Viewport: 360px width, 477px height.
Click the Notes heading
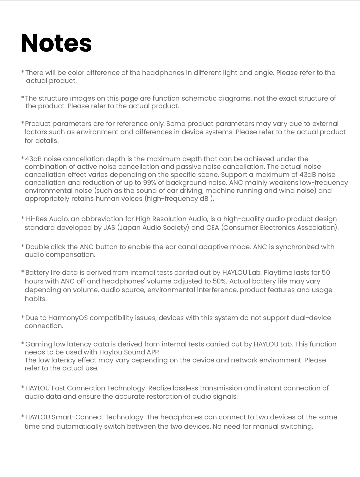(x=56, y=43)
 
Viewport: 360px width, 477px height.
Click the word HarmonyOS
(x=68, y=318)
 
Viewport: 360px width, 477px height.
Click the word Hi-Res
(x=36, y=219)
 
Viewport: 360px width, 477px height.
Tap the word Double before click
(x=37, y=247)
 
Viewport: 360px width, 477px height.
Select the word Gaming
(x=38, y=344)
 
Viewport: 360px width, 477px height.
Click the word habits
(x=35, y=299)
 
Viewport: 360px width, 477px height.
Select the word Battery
(x=37, y=272)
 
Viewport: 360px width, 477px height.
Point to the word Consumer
(x=241, y=228)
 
